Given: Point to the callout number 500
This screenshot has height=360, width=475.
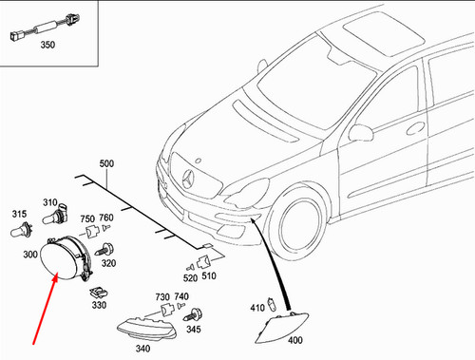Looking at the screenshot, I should [x=106, y=164].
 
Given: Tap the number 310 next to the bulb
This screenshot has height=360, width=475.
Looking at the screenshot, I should [x=49, y=202].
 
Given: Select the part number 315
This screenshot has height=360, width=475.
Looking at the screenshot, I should [x=18, y=214].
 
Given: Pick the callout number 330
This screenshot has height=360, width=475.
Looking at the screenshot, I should [x=100, y=305].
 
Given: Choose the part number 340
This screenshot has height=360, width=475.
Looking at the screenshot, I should [x=142, y=348].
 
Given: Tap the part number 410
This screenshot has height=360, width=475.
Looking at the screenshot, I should [x=256, y=307].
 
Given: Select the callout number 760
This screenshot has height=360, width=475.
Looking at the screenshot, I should [x=106, y=218].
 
